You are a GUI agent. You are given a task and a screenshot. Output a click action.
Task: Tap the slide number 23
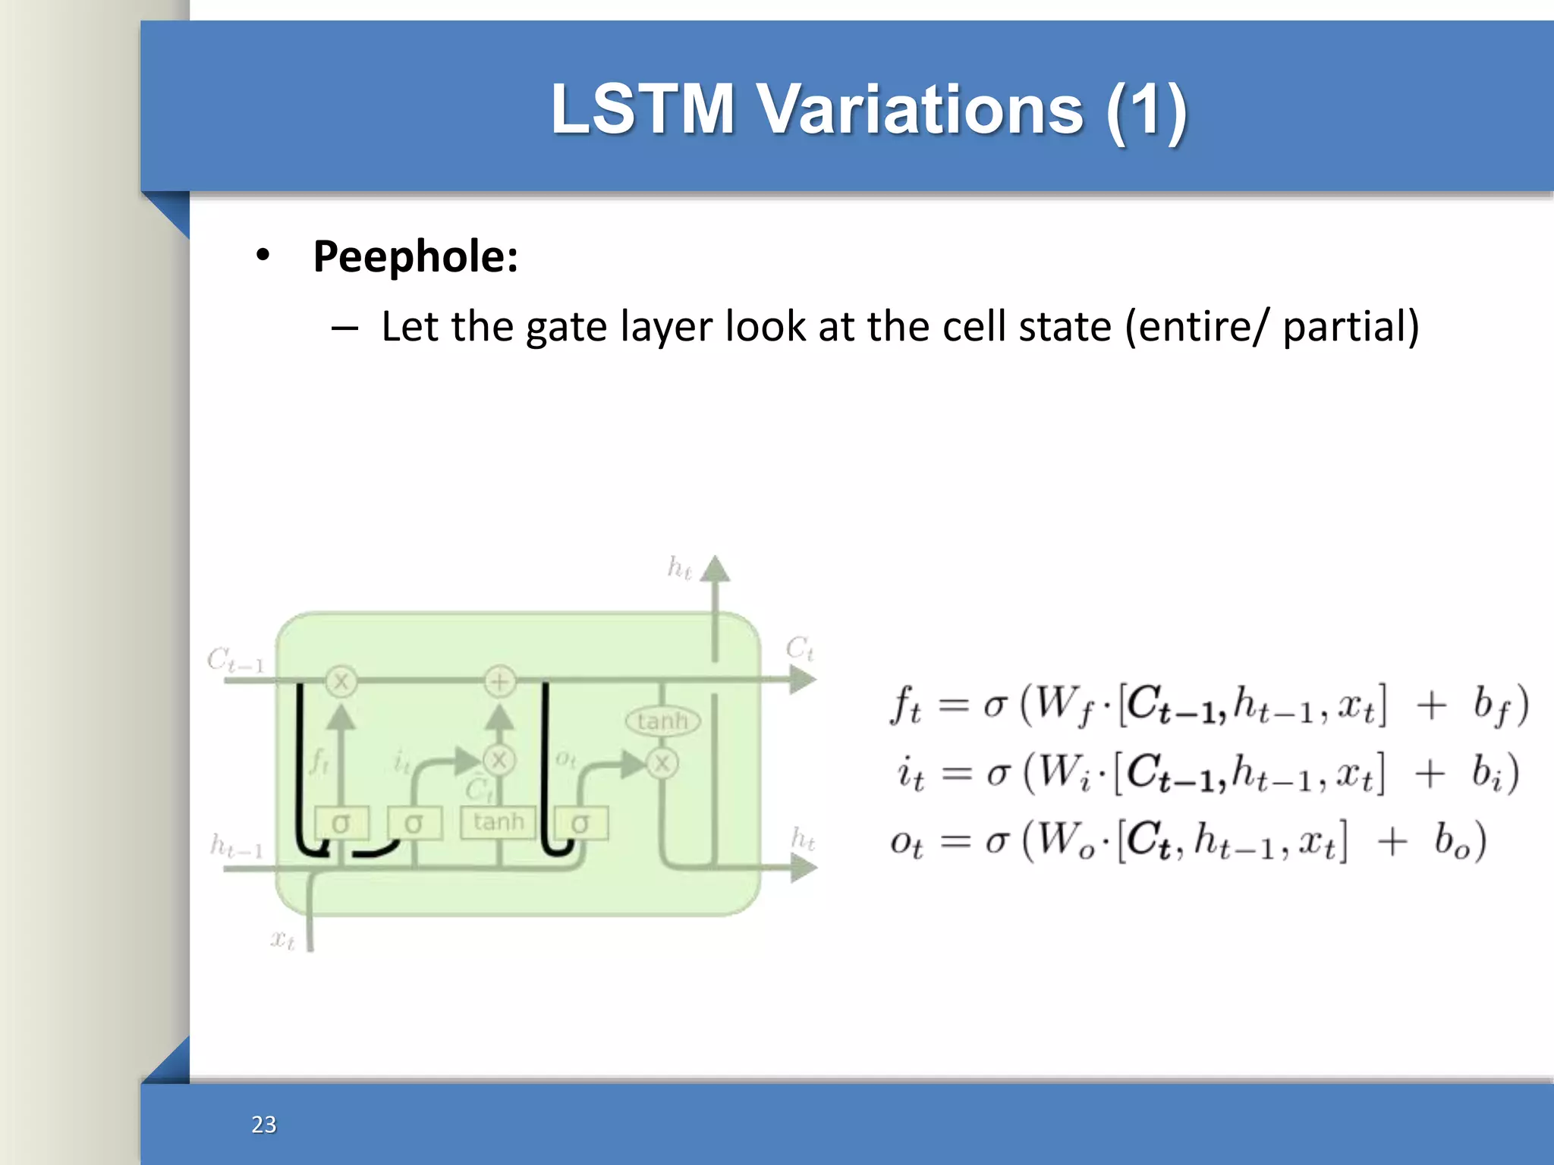point(264,1124)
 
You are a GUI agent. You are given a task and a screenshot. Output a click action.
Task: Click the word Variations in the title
point(921,110)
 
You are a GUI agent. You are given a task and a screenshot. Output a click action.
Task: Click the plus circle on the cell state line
point(499,681)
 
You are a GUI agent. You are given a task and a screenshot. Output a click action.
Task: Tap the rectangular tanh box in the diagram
point(499,821)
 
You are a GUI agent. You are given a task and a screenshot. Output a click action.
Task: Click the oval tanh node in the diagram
point(662,721)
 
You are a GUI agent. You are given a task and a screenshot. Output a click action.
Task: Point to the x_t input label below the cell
point(282,940)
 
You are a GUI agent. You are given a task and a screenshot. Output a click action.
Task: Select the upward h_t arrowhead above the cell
point(715,569)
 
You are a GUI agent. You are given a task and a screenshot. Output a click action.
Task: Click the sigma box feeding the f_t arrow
point(341,823)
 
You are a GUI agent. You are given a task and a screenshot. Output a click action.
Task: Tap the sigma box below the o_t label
point(580,823)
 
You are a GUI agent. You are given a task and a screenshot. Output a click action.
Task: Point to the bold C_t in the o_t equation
point(1147,840)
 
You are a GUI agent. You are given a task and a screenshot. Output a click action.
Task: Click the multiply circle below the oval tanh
point(662,763)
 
